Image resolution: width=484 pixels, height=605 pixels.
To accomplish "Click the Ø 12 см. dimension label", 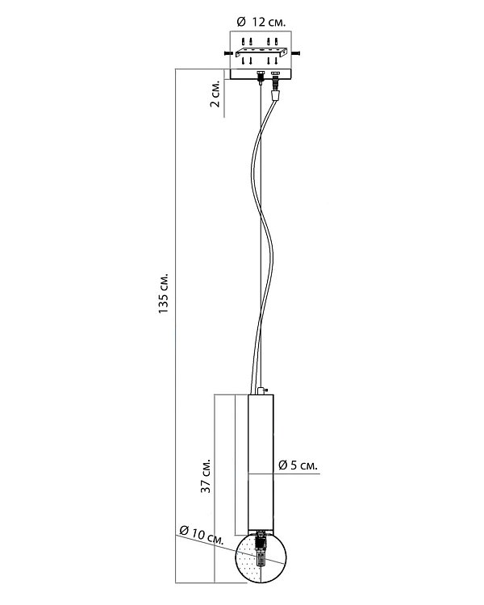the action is point(261,22).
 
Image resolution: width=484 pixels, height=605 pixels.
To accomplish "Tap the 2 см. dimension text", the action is point(215,94).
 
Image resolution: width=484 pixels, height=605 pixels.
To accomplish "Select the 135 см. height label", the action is point(164,294).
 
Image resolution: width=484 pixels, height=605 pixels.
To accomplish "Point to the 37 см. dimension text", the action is point(207,476).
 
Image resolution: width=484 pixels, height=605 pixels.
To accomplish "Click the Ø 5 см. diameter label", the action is point(298,465).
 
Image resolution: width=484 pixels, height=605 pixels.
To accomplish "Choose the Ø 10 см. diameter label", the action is point(202,535).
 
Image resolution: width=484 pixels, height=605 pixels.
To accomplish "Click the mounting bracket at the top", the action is point(262,53).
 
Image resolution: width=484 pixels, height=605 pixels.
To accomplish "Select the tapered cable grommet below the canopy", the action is point(275,95).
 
